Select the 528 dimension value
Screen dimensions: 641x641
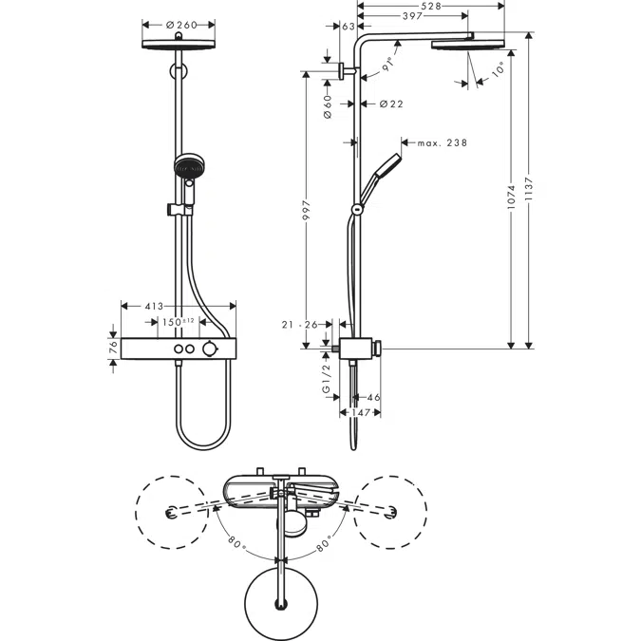[431, 5]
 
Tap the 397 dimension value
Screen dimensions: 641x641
[412, 16]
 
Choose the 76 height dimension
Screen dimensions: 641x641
[112, 349]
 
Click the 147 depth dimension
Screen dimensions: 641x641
[360, 413]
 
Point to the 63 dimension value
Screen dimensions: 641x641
[349, 28]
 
